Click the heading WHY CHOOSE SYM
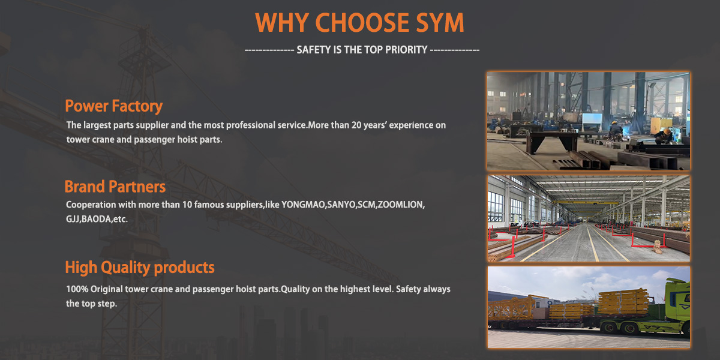coord(359,23)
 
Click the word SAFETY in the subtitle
coord(311,50)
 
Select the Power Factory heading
coord(113,106)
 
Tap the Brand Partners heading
coord(115,186)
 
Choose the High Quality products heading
coord(139,267)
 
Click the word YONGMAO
coord(303,205)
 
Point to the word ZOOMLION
coord(401,205)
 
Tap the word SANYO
coord(340,205)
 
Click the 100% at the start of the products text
coord(76,289)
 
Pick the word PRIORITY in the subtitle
coord(406,50)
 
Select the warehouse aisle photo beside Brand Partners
coord(588,218)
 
